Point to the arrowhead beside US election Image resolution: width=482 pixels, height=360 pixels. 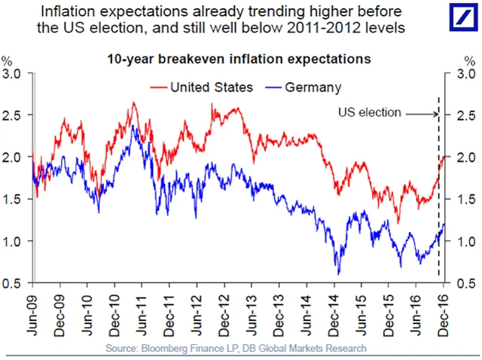(435, 114)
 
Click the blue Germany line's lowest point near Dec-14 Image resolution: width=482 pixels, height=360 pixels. (339, 273)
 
